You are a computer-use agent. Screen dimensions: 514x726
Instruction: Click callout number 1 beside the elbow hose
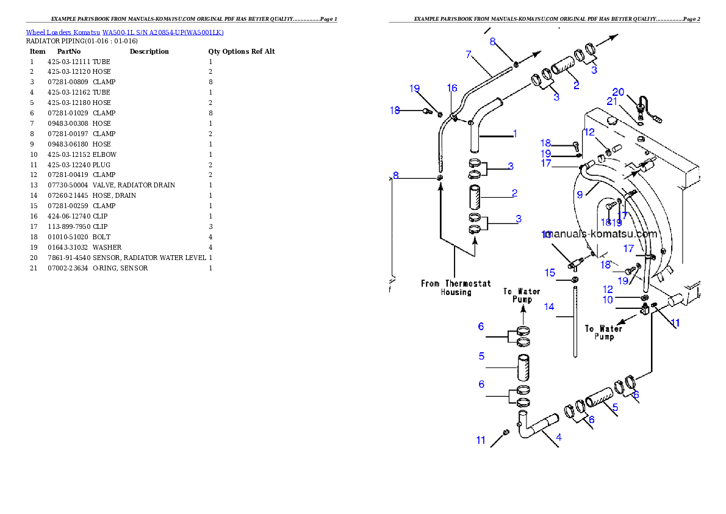point(515,133)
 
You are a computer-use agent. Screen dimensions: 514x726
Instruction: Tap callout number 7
point(469,55)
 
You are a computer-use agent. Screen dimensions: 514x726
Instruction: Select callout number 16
point(452,89)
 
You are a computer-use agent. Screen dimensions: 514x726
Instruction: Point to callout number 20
point(618,92)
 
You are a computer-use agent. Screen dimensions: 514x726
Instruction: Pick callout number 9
point(580,194)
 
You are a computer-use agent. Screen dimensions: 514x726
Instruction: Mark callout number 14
point(549,306)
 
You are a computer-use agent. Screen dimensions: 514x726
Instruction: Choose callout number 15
point(550,272)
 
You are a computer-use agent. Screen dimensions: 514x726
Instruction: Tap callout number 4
point(559,437)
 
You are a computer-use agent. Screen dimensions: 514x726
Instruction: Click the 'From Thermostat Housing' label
point(456,288)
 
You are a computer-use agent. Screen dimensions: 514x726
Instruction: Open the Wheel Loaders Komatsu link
point(124,32)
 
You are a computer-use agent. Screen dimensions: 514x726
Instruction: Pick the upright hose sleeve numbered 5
point(523,367)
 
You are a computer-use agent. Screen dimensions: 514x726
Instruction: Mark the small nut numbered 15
point(575,280)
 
